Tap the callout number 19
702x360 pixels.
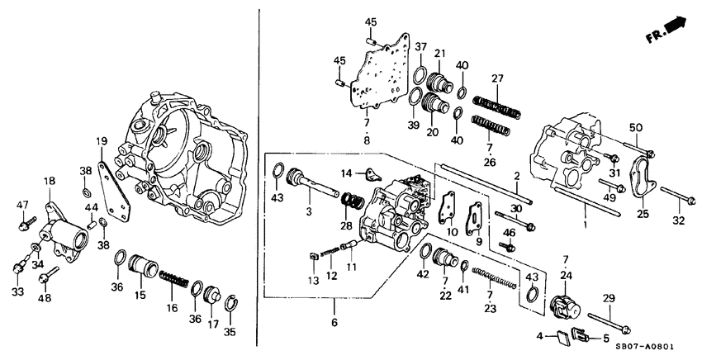(100, 140)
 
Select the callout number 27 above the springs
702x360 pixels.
(497, 78)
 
